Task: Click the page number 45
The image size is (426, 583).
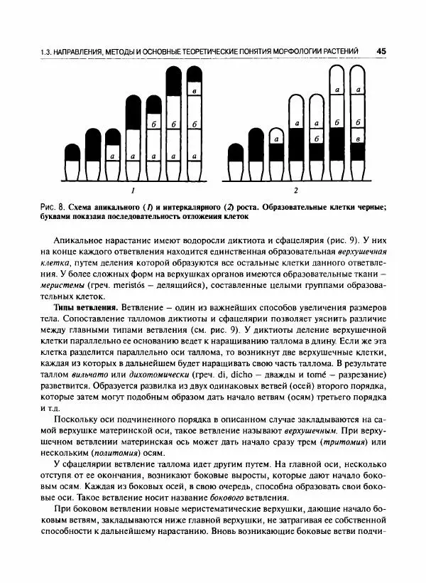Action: pos(381,51)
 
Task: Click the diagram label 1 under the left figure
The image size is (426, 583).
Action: pos(131,191)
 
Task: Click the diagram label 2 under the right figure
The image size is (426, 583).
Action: pos(295,191)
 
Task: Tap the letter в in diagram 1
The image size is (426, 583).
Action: pos(194,91)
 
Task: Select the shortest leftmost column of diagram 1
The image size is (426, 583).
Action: pos(72,162)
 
